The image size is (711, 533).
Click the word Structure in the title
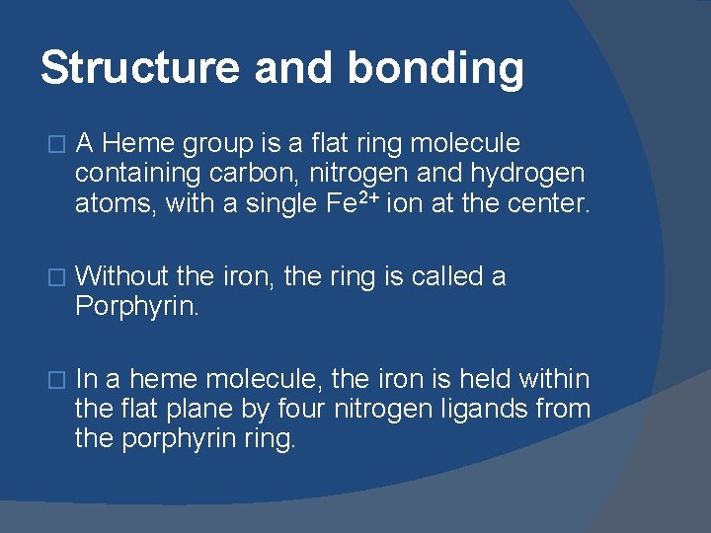coord(138,68)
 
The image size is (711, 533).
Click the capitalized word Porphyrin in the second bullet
coord(136,306)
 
